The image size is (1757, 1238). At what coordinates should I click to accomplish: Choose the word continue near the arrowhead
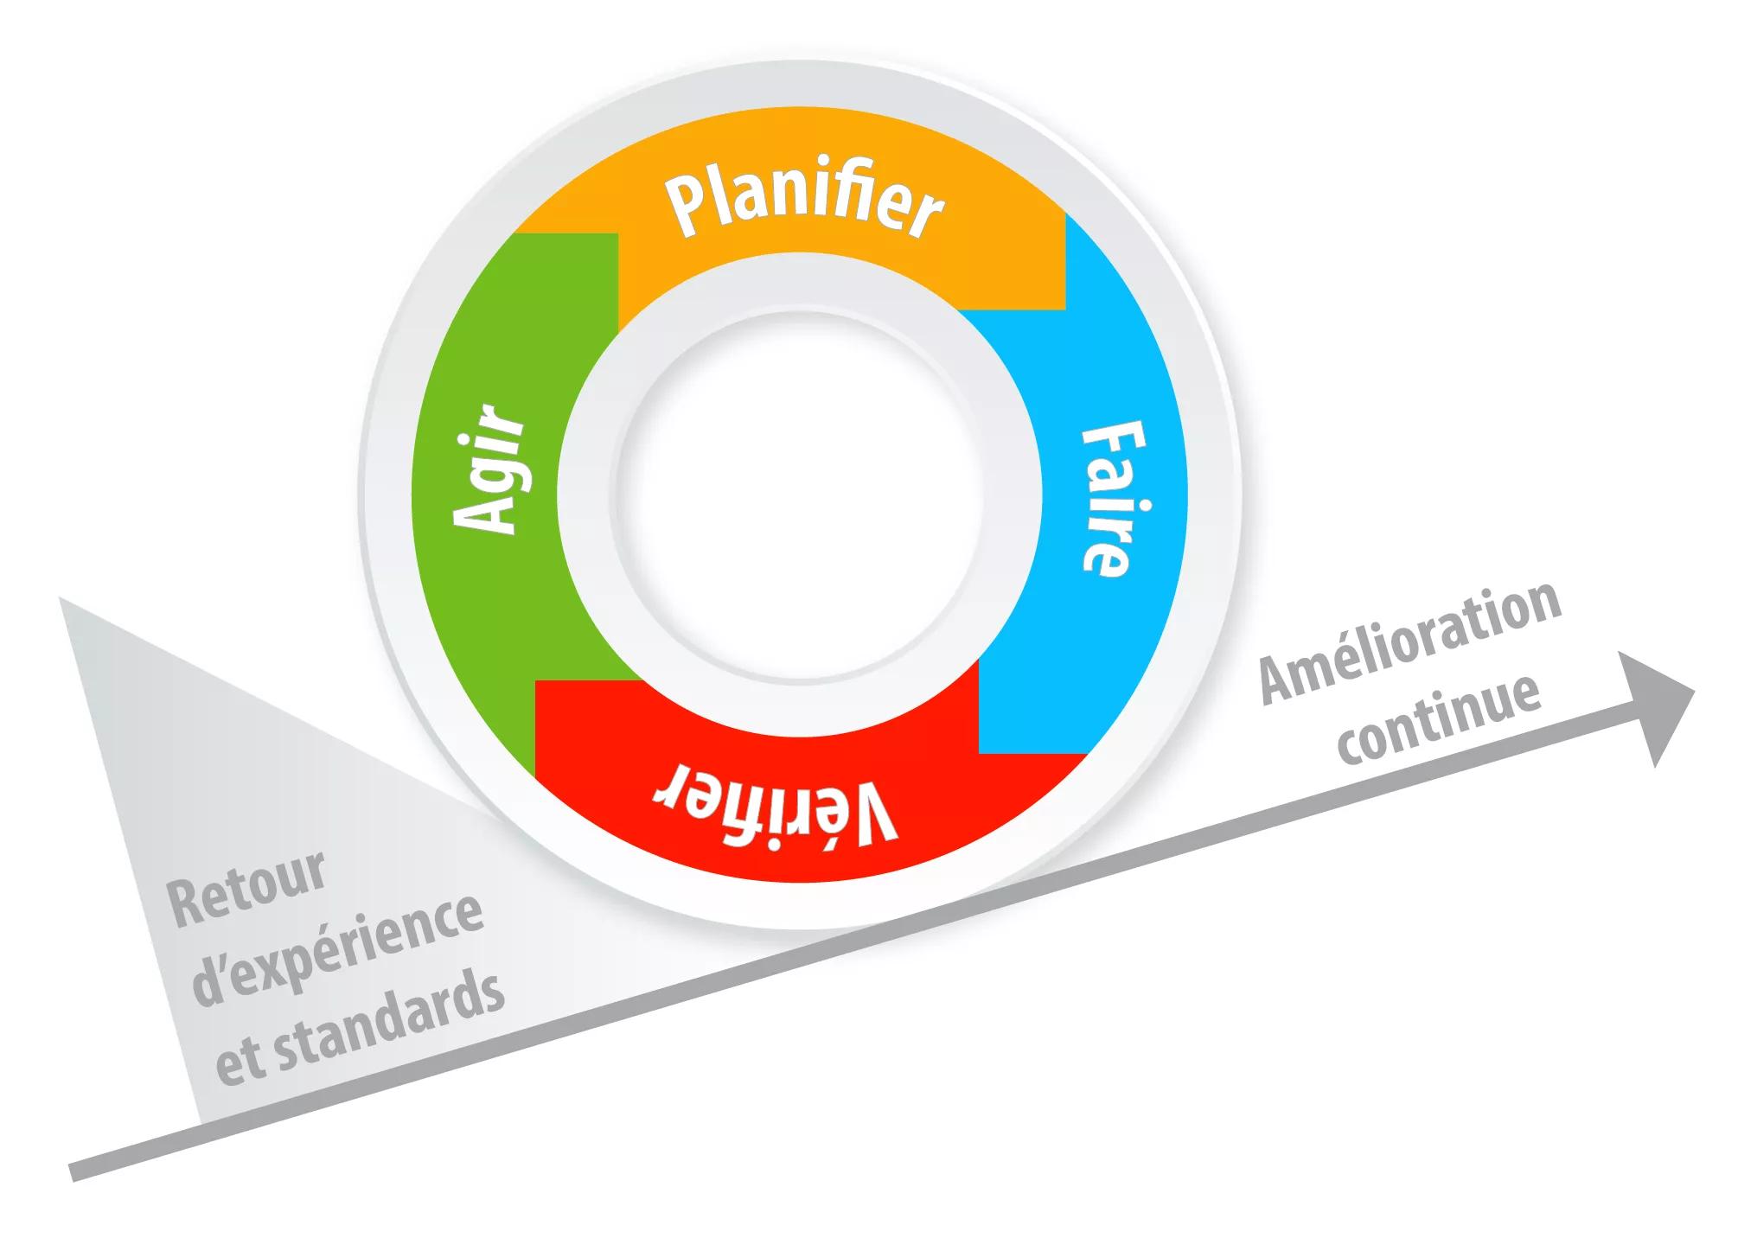(1440, 720)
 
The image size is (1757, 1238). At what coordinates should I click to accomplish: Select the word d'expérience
(337, 950)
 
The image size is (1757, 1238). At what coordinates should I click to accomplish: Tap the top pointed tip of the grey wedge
(62, 600)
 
